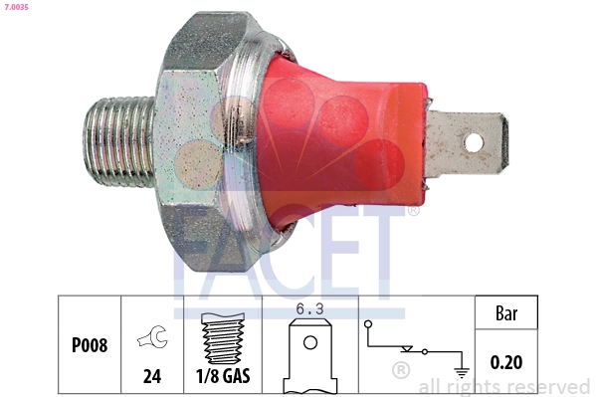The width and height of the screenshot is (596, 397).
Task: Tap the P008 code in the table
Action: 90,346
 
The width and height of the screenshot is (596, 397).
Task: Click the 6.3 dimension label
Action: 310,308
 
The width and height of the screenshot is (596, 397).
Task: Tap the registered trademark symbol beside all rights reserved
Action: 401,371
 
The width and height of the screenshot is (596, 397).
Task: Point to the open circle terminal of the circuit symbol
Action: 368,324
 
